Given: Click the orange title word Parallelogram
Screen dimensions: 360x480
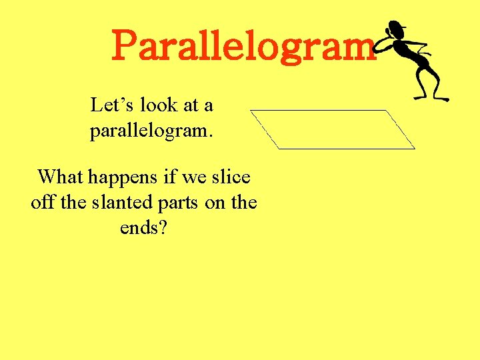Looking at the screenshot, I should (243, 45).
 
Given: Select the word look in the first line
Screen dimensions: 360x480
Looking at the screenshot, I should (159, 105).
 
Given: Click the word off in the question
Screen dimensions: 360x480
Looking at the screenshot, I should (43, 202).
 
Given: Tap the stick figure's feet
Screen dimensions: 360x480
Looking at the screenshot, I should (431, 97).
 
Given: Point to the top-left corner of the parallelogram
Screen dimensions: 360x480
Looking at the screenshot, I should (251, 110).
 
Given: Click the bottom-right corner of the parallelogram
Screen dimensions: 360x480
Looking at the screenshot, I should (415, 148).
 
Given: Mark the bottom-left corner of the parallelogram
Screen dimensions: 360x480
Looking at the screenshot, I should (279, 148).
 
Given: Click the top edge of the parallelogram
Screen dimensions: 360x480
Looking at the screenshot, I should (319, 110).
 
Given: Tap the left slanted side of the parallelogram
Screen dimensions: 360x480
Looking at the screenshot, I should (265, 129).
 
